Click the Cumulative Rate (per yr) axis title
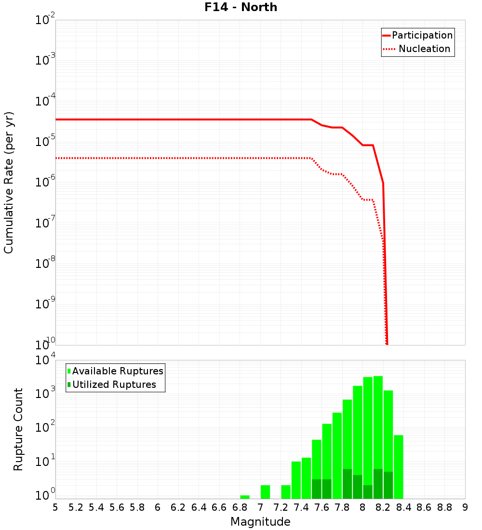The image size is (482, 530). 9,182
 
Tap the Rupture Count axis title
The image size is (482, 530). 18,429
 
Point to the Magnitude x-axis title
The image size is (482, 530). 260,522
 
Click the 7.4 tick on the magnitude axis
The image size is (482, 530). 301,507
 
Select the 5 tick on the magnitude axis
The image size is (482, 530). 55,507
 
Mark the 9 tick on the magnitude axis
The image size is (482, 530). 465,507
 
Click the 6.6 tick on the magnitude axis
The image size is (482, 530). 219,507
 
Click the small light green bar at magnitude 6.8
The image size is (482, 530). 245,497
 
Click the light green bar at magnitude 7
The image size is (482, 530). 265,492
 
